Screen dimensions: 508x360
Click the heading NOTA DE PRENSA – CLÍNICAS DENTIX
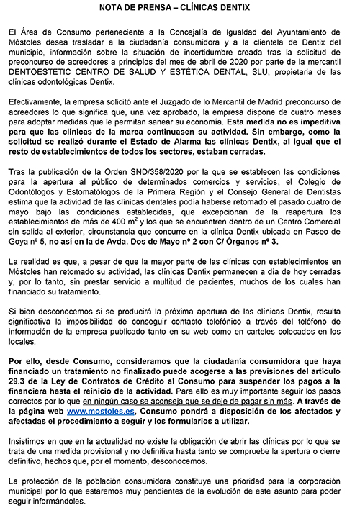[180, 8]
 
